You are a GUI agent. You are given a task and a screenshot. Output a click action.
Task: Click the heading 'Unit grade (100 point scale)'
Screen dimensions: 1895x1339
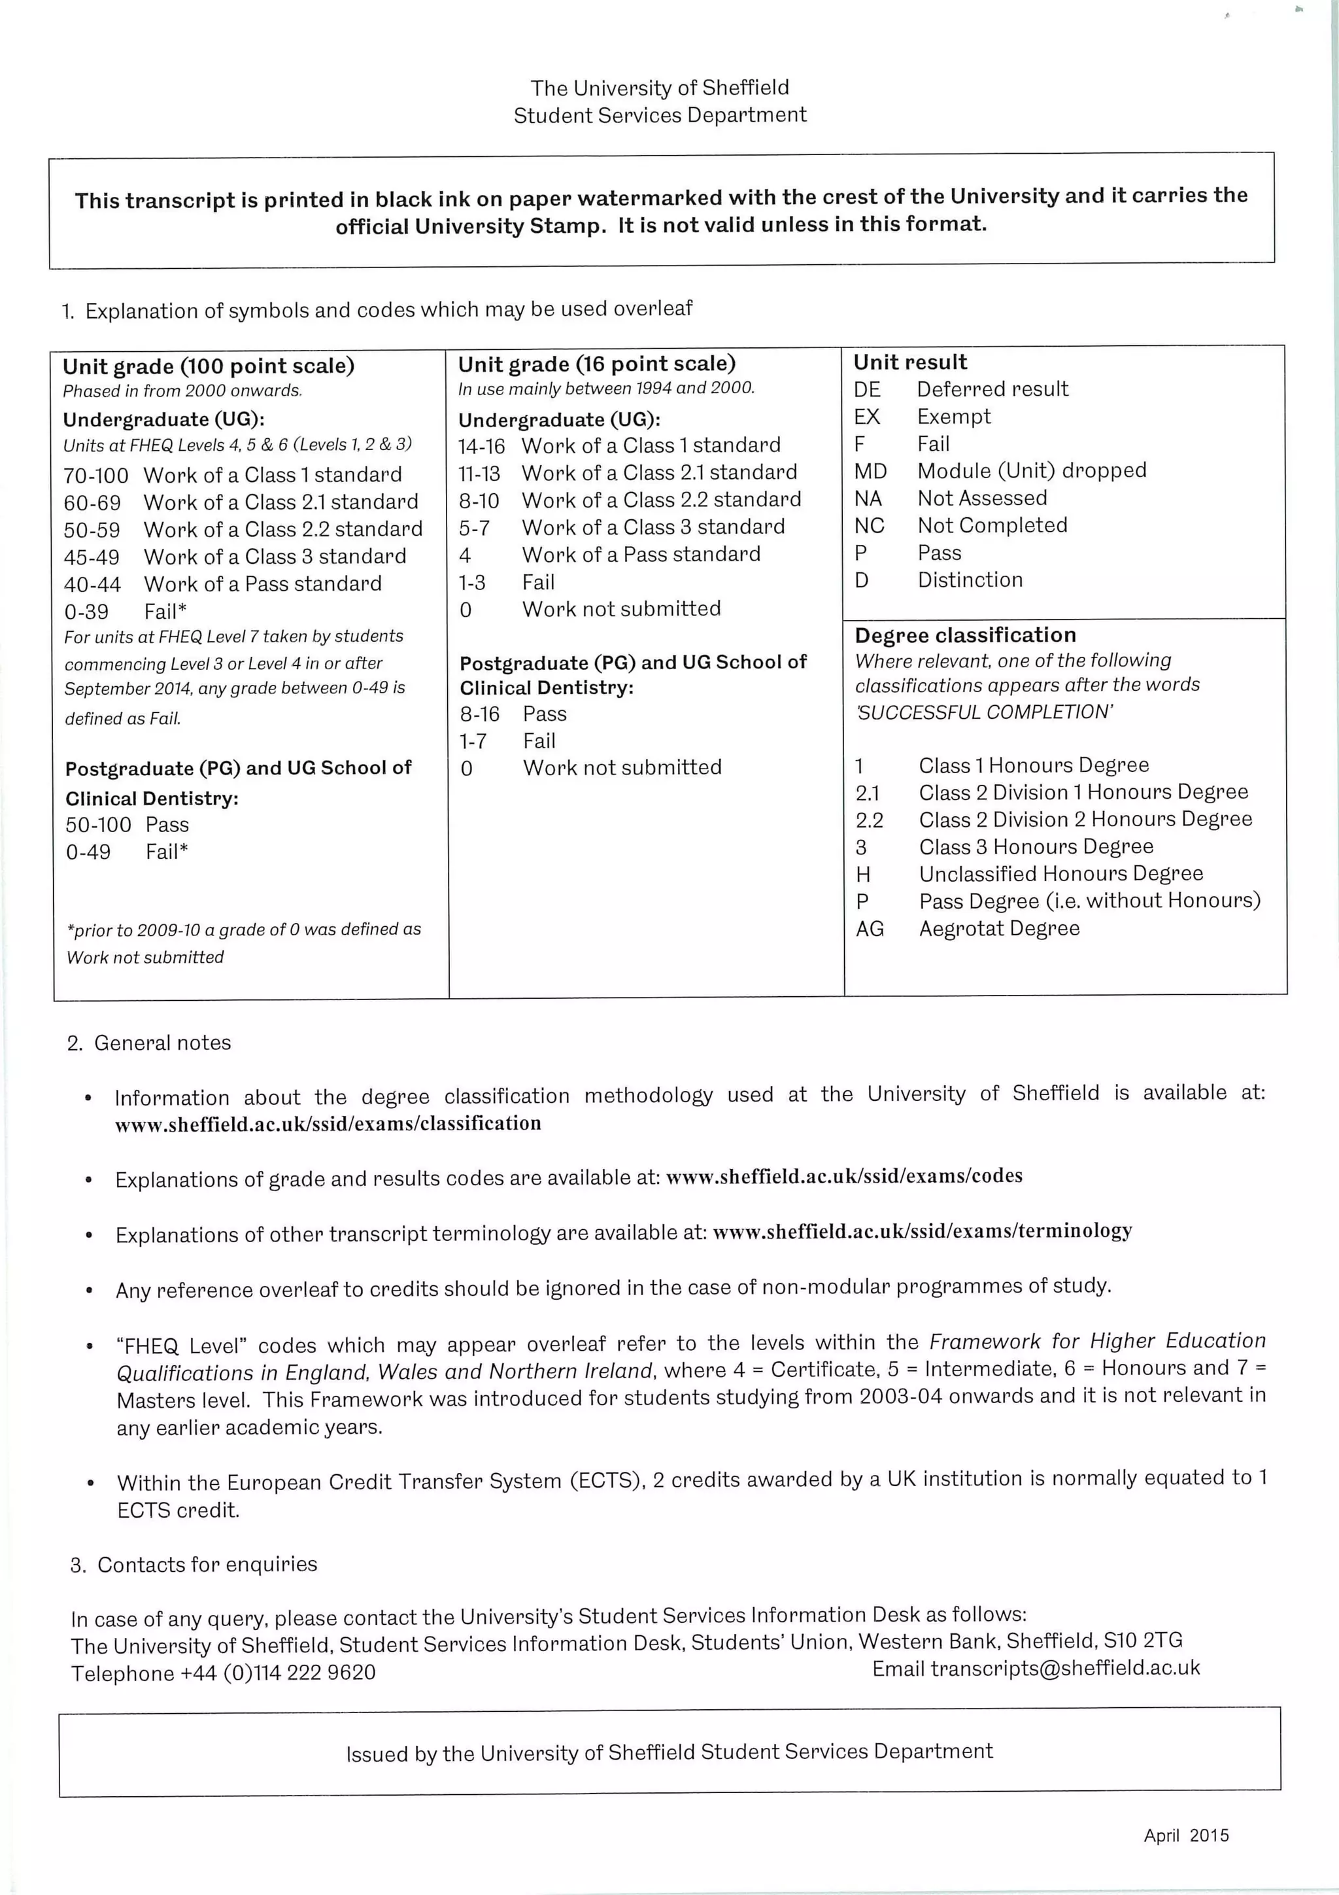[208, 366]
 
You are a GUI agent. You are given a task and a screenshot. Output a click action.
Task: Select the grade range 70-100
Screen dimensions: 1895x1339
[95, 476]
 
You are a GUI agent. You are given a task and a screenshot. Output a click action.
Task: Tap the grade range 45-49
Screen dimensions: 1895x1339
[92, 558]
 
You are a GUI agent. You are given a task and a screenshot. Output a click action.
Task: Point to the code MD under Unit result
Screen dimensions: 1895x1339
[870, 471]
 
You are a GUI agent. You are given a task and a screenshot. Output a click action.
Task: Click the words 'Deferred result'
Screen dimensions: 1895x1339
[992, 389]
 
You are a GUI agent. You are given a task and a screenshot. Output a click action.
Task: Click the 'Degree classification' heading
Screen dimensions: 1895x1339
[965, 635]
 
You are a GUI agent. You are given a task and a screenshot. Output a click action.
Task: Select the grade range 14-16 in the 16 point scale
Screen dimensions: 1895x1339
[481, 447]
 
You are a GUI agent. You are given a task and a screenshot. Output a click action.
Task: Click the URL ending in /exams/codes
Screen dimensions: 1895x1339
[843, 1176]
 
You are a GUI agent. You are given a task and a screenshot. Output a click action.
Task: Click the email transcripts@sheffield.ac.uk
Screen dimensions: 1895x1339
[1064, 1668]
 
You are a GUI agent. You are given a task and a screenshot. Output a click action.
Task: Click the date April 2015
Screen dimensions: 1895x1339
[1185, 1835]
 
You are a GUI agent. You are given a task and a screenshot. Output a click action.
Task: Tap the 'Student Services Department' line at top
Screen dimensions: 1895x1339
[659, 116]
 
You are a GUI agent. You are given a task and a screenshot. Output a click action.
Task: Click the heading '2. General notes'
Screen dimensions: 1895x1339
[149, 1043]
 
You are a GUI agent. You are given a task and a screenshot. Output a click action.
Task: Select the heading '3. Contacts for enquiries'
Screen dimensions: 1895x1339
[194, 1565]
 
